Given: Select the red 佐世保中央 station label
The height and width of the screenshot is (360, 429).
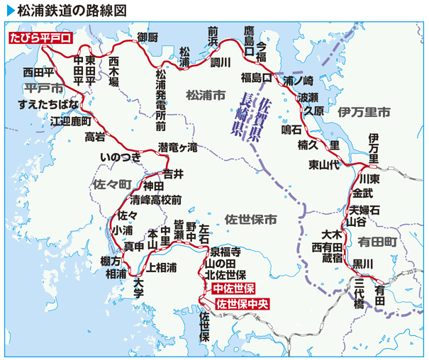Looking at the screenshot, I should [243, 305].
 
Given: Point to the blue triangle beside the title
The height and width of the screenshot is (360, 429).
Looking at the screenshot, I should [10, 10].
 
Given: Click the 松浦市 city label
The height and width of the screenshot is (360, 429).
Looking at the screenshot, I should [206, 94].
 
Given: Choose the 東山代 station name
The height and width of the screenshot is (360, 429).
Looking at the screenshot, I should [324, 165].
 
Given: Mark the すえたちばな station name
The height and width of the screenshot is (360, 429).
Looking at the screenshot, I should [48, 105].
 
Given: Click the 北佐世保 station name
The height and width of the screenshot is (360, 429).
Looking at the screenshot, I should [225, 274].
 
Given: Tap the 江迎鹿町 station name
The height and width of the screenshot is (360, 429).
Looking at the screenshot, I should [71, 120].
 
